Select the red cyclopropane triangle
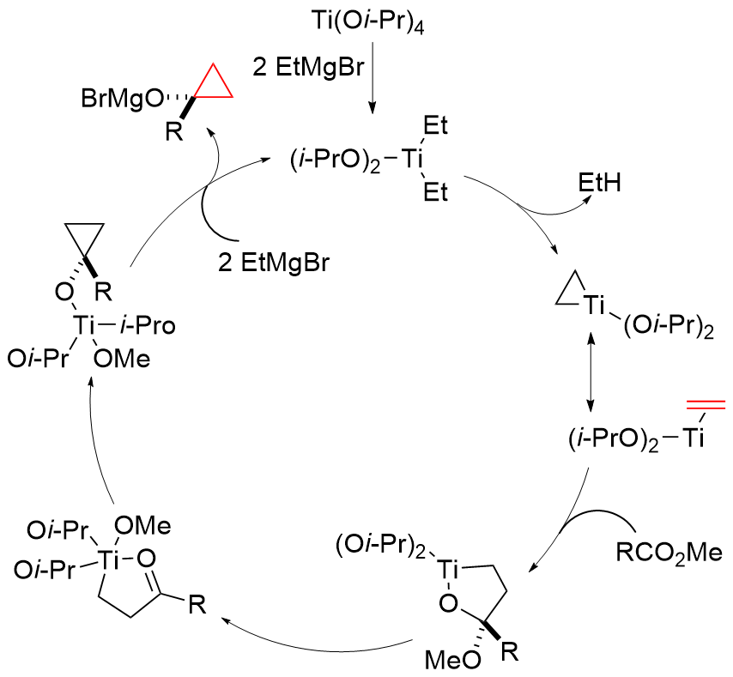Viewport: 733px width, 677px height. pyautogui.click(x=212, y=82)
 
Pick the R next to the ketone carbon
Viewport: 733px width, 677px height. pyautogui.click(x=197, y=607)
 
